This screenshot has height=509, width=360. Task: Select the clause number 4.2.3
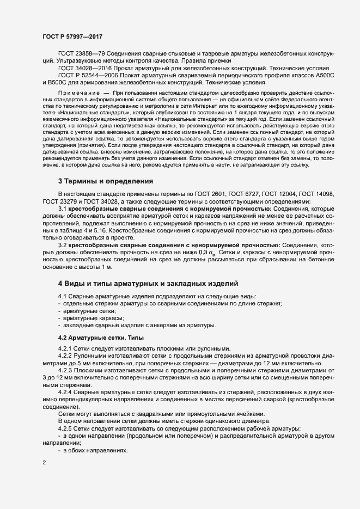[x=65, y=370]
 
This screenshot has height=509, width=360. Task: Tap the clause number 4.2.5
[x=65, y=428]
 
